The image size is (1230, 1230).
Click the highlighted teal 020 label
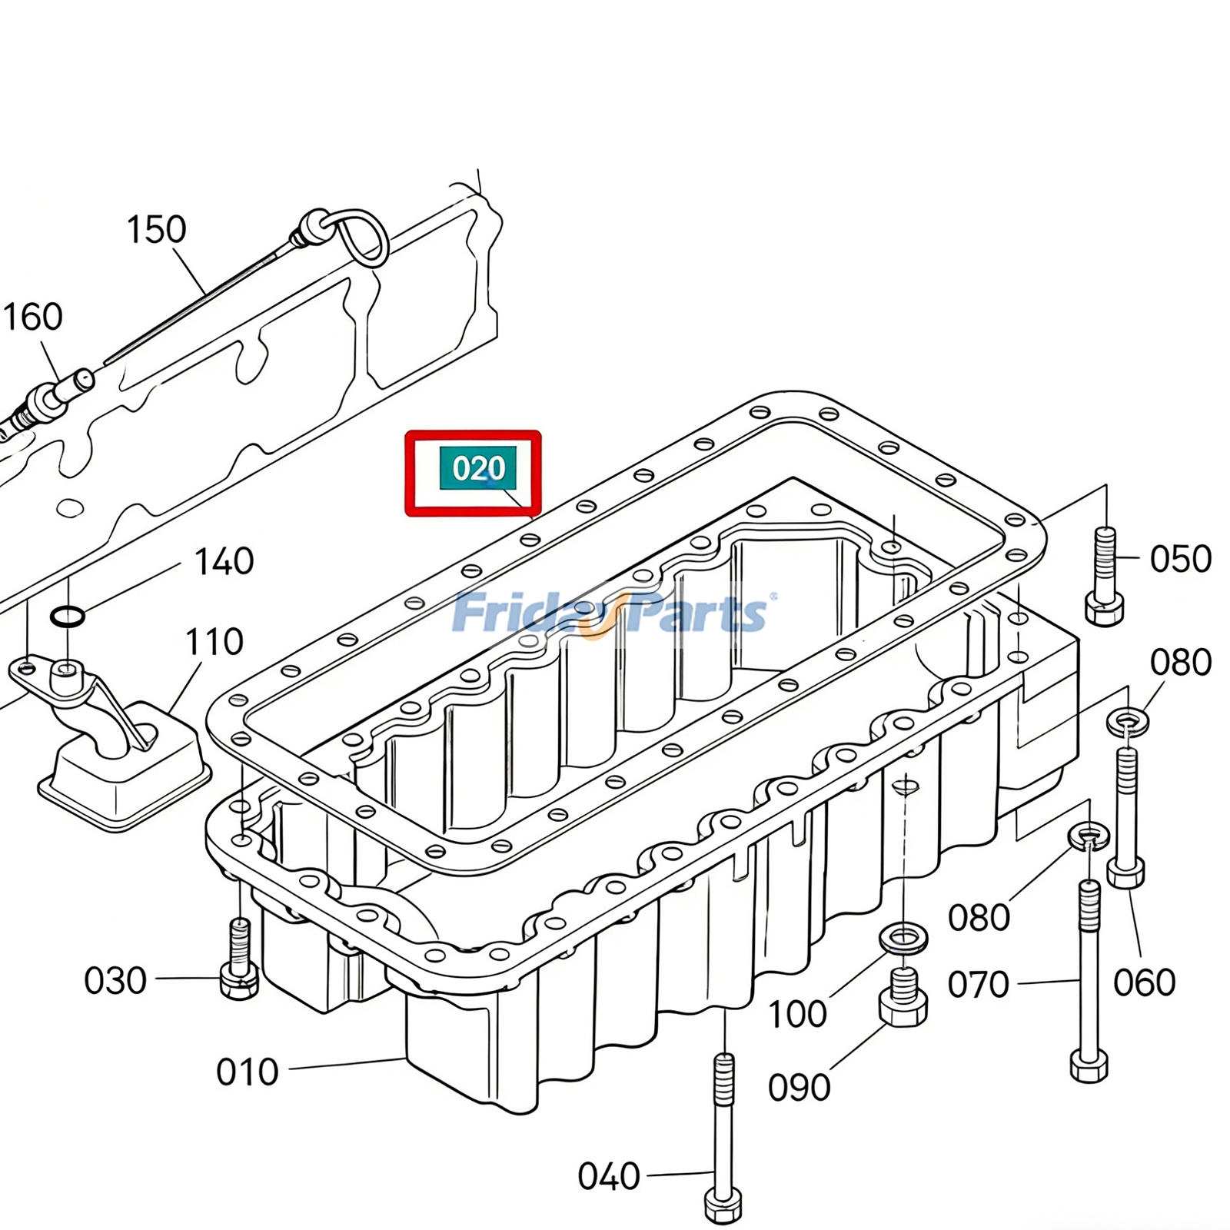coord(477,468)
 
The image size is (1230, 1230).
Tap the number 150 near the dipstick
coord(156,229)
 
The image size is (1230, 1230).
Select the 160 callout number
coord(32,317)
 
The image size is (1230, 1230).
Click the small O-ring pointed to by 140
coord(68,615)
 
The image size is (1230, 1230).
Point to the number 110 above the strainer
coord(214,642)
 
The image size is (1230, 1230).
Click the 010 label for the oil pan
coord(247,1072)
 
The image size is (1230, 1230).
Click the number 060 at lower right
coord(1144,982)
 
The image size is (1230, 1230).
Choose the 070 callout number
coord(978,984)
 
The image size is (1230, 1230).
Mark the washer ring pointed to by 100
coord(903,939)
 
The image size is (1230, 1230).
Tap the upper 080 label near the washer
coord(1180,662)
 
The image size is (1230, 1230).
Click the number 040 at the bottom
coord(608,1176)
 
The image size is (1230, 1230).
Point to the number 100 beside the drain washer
coord(797,1014)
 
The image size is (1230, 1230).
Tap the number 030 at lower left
coord(115,981)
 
